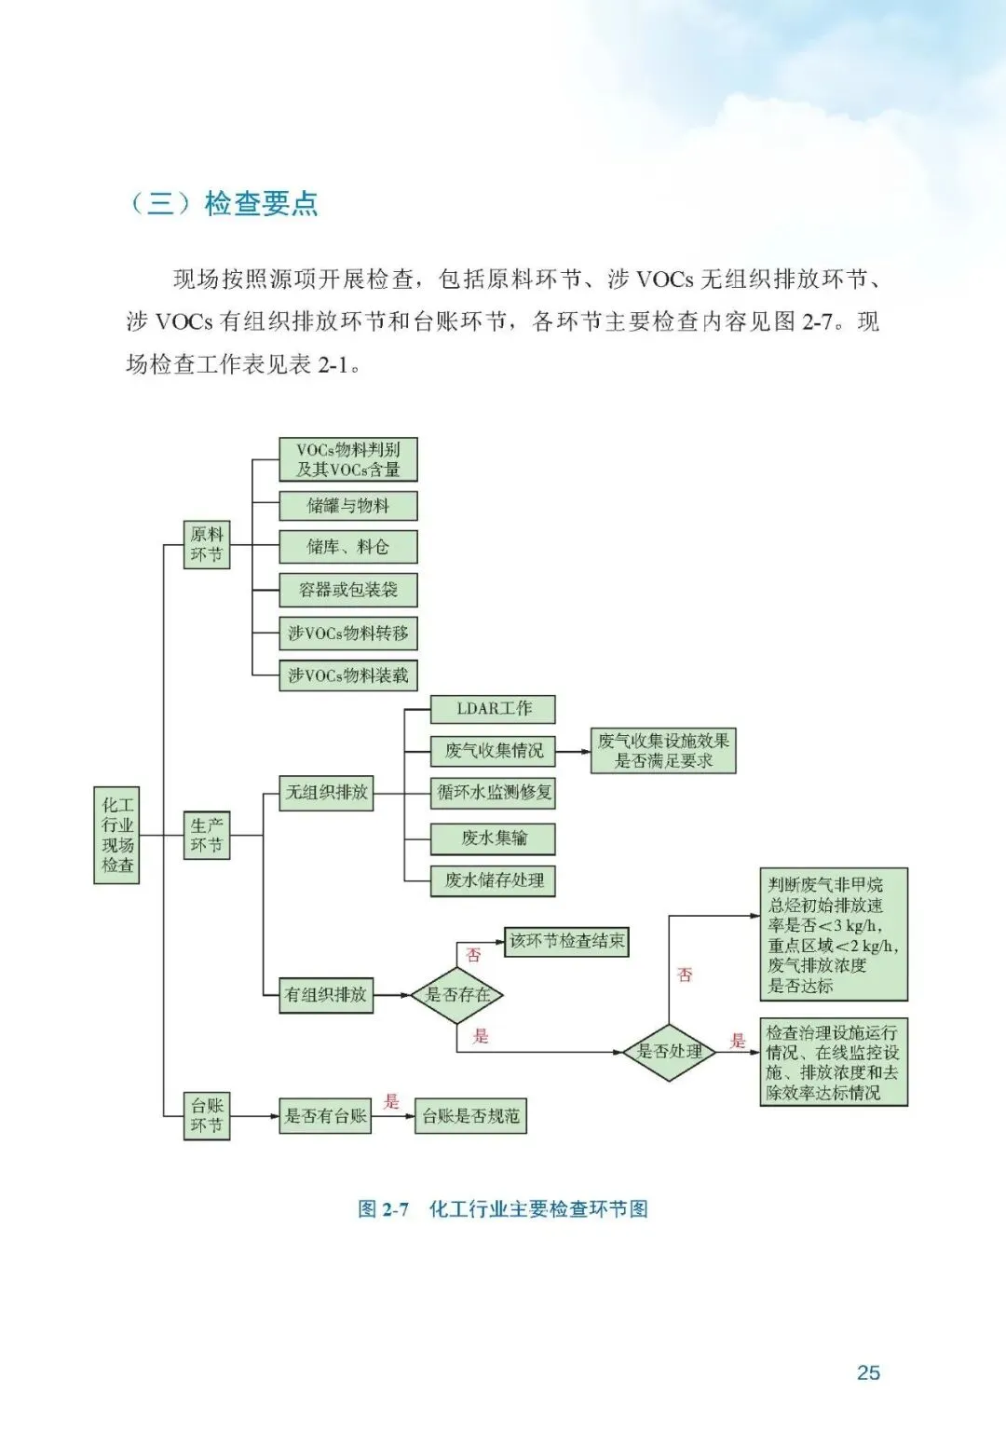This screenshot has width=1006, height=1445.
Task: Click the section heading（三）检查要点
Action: pyautogui.click(x=223, y=203)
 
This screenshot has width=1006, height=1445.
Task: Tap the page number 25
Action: pyautogui.click(x=868, y=1372)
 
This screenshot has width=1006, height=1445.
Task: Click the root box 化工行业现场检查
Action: pyautogui.click(x=117, y=835)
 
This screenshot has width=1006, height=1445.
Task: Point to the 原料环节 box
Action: pyautogui.click(x=207, y=545)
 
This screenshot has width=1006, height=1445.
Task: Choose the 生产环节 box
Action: pyautogui.click(x=207, y=835)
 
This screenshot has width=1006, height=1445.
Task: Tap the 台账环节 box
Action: pyautogui.click(x=207, y=1115)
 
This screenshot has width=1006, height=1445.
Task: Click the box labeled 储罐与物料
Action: pyautogui.click(x=347, y=506)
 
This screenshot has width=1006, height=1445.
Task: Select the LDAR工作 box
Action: pyautogui.click(x=493, y=709)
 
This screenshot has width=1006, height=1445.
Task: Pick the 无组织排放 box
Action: pyautogui.click(x=326, y=793)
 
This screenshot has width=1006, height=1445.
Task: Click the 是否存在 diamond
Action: pyautogui.click(x=456, y=995)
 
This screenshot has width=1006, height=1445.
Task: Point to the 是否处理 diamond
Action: pyautogui.click(x=669, y=1052)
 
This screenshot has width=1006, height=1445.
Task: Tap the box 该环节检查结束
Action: pyautogui.click(x=566, y=941)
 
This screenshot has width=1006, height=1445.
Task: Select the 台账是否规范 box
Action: pyautogui.click(x=470, y=1115)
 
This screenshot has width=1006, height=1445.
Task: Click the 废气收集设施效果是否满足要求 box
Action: pyautogui.click(x=663, y=751)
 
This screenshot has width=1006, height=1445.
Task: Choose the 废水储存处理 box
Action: pyautogui.click(x=493, y=880)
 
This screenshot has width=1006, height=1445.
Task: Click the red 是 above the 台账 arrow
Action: pyautogui.click(x=391, y=1101)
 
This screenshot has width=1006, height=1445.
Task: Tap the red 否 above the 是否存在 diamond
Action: pyautogui.click(x=473, y=955)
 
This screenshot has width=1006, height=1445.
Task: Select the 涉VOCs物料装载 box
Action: pyautogui.click(x=347, y=675)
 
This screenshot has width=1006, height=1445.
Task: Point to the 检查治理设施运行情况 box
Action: pyautogui.click(x=833, y=1062)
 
